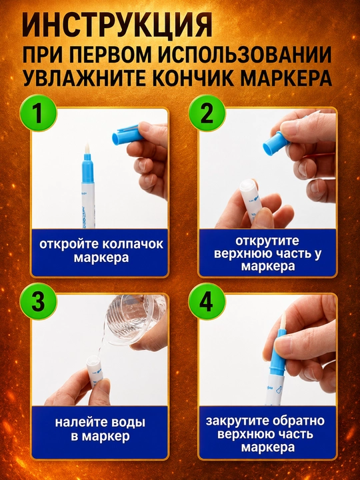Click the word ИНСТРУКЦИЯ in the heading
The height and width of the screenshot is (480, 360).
click(x=117, y=25)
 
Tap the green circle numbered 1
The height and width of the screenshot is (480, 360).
click(x=38, y=113)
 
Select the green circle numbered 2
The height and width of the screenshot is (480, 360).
click(x=207, y=113)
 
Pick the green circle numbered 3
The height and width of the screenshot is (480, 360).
click(x=38, y=301)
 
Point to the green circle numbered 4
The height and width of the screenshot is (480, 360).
click(x=207, y=301)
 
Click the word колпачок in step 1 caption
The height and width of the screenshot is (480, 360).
click(x=133, y=245)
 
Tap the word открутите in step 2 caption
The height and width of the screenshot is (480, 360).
click(x=267, y=241)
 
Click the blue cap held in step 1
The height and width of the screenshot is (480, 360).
click(x=127, y=135)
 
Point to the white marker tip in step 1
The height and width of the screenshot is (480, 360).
click(x=87, y=149)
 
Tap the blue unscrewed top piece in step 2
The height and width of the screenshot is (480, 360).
click(x=276, y=143)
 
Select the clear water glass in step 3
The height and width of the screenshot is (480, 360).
click(x=135, y=320)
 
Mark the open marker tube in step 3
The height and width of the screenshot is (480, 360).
click(x=94, y=371)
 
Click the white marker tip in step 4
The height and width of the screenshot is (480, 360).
click(x=283, y=321)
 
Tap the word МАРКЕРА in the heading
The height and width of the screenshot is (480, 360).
click(x=286, y=79)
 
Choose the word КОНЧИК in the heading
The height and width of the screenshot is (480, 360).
click(x=193, y=79)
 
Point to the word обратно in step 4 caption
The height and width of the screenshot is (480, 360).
click(x=299, y=421)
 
